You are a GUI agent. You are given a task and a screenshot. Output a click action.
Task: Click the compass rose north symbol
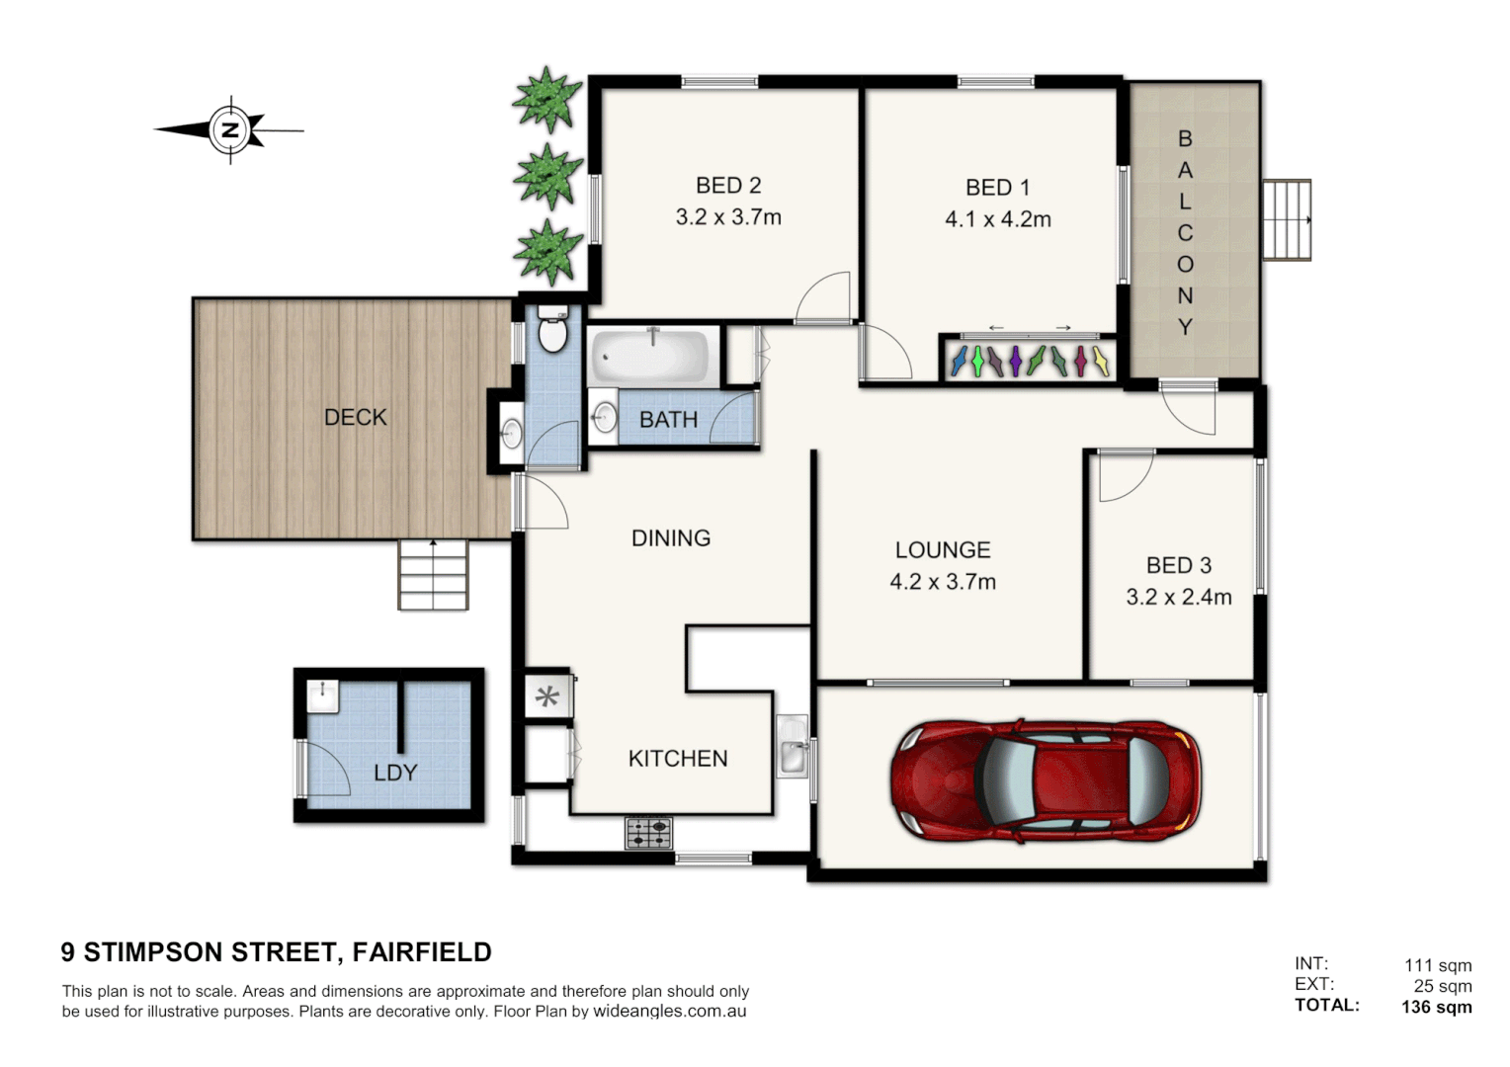pos(230,129)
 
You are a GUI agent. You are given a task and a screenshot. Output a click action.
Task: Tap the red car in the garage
pos(1046,780)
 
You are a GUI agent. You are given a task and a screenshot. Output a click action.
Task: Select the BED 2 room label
pos(728,186)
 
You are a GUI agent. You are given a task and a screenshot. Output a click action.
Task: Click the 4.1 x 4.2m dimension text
pos(998,219)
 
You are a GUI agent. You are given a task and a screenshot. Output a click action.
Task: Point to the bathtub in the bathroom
pos(650,357)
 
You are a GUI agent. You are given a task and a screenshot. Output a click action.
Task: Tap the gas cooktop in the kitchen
pos(648,833)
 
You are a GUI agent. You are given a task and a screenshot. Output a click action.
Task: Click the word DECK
pos(356,418)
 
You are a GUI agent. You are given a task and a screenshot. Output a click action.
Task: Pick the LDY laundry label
pos(395,773)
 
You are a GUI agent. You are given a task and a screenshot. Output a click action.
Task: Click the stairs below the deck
pos(433,575)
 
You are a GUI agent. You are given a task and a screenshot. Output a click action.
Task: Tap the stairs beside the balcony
pos(1287,219)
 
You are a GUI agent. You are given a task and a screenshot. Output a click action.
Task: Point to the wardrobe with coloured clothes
pos(1028,361)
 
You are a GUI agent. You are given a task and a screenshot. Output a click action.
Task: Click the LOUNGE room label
pos(943,550)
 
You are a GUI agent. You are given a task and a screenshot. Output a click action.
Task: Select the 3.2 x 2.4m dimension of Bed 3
pos(1179,597)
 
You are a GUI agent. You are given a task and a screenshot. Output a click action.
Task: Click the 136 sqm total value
pos(1436,1007)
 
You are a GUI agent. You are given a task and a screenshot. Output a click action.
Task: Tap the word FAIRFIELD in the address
pos(422,952)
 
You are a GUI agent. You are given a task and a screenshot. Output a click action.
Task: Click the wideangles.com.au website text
pos(669,1012)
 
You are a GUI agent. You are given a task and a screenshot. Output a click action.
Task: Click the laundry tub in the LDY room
pos(322,696)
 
